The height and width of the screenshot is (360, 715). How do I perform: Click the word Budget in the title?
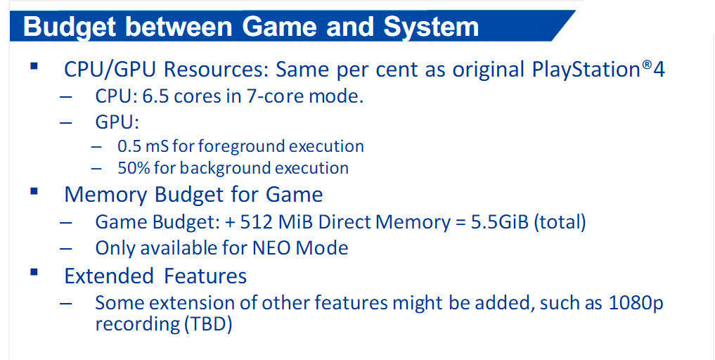coord(71,27)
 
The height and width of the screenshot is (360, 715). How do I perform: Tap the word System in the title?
coord(431,27)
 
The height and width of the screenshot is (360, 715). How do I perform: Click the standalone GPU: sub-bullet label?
coord(117,123)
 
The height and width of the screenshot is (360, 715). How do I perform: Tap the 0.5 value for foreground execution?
coord(129,146)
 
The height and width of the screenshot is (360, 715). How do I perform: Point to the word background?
coord(228,168)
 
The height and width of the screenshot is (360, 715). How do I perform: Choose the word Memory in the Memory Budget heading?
coord(105,195)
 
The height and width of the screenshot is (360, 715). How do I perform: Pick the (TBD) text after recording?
coord(209,325)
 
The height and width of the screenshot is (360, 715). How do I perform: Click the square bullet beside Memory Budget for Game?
coord(33,191)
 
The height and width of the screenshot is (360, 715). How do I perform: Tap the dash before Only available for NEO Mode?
coord(66,249)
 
